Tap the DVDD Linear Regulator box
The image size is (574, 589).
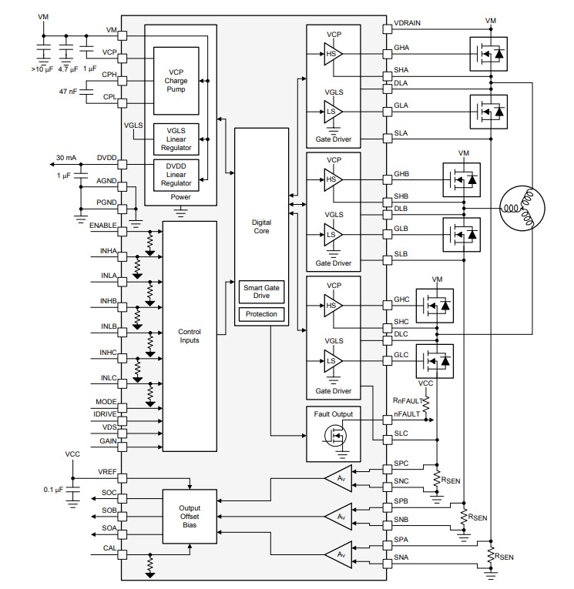176,174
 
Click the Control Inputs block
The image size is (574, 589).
190,336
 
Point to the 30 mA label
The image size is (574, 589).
65,158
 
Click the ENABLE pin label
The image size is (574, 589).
102,225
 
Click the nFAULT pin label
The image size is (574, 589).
407,413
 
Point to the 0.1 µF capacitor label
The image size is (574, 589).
54,488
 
